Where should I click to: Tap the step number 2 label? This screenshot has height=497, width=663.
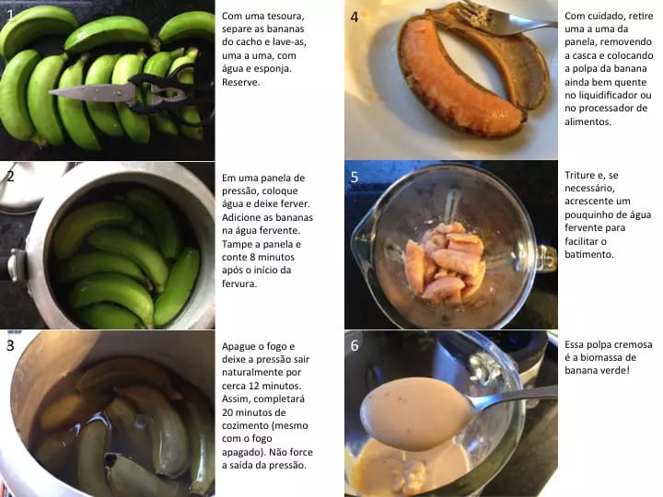[10, 176]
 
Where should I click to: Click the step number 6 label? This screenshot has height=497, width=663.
[355, 345]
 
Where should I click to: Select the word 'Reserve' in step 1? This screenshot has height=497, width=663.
[241, 81]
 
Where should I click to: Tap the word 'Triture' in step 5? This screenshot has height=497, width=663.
[583, 175]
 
